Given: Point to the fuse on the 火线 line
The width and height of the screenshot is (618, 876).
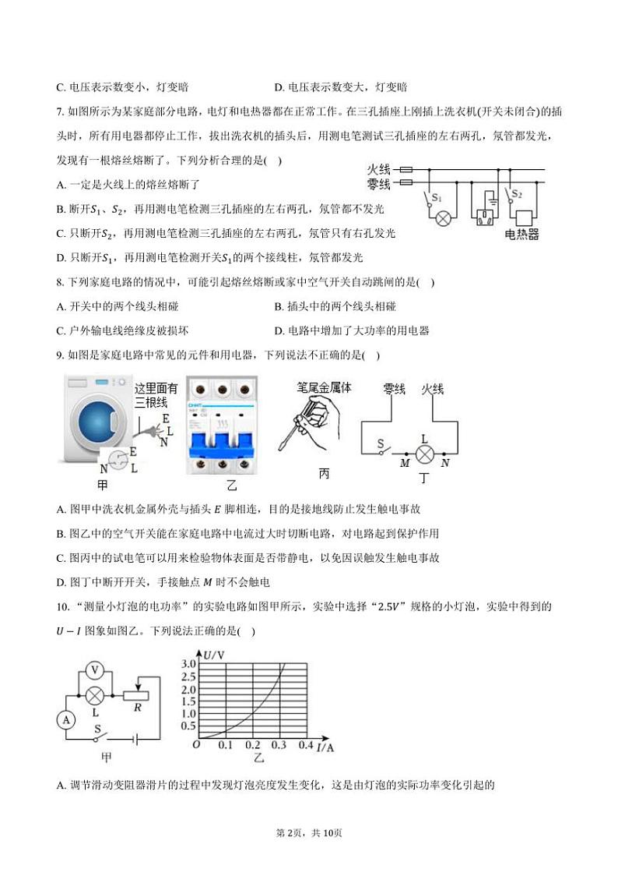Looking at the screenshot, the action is click(405, 168).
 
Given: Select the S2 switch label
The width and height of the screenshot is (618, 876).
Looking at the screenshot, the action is click(517, 194).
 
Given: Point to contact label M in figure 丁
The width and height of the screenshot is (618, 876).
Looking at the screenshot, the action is click(405, 463).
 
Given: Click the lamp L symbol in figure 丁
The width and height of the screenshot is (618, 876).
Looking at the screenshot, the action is click(425, 453).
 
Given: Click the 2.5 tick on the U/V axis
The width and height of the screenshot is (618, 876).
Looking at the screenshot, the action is click(188, 688).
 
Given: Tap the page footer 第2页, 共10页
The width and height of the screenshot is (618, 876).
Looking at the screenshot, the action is click(309, 832).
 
